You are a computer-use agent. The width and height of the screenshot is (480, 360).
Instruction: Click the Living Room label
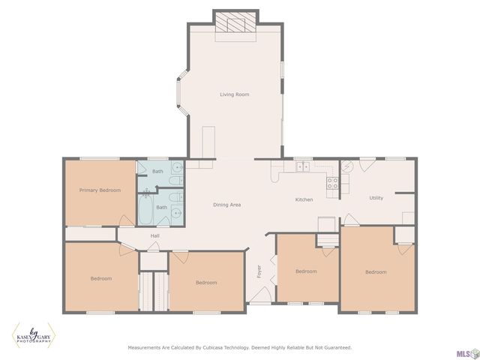tap(235, 94)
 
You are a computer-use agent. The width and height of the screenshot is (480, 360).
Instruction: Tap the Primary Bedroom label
tap(100, 190)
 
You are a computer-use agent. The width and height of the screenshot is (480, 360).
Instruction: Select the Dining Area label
tap(226, 205)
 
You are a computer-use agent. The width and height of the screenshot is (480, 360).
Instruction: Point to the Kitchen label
tap(304, 199)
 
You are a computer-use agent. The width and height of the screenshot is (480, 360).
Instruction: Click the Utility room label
tap(376, 198)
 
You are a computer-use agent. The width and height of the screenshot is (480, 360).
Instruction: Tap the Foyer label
tap(259, 271)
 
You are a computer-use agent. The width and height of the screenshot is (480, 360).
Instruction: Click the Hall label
tap(155, 235)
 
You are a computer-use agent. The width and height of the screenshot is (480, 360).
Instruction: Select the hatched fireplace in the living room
tap(235, 22)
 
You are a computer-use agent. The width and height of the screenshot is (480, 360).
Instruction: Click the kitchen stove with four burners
tap(332, 183)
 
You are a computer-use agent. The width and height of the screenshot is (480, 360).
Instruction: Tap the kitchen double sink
tap(303, 166)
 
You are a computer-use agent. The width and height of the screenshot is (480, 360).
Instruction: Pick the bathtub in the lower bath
tap(145, 209)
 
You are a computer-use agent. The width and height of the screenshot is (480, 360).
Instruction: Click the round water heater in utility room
tap(347, 166)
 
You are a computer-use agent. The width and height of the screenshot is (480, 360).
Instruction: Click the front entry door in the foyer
tap(259, 295)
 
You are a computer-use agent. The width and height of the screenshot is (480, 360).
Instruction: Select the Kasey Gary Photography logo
tap(34, 335)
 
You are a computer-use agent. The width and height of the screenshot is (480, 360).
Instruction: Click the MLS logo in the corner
tap(467, 353)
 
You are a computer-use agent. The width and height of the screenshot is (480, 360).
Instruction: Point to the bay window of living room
tap(182, 92)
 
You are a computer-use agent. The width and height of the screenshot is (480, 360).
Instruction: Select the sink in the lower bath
tap(177, 211)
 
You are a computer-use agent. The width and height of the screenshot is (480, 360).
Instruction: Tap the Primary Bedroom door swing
tap(127, 220)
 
